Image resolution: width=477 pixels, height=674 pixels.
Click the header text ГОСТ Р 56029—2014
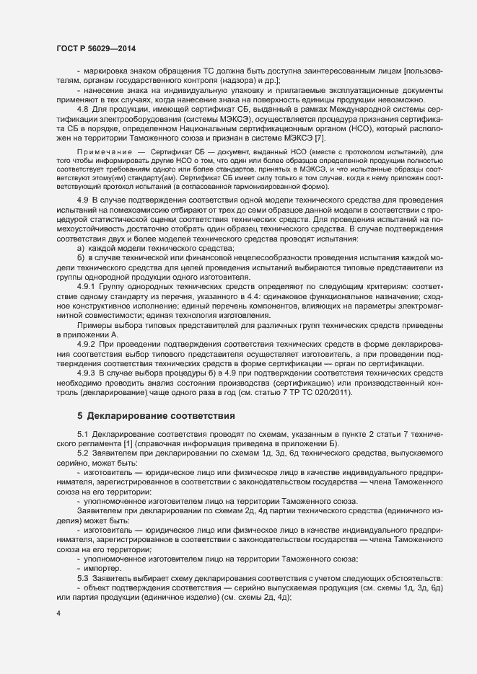pos(95,48)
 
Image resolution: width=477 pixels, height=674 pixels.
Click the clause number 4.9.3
pos(87,373)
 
